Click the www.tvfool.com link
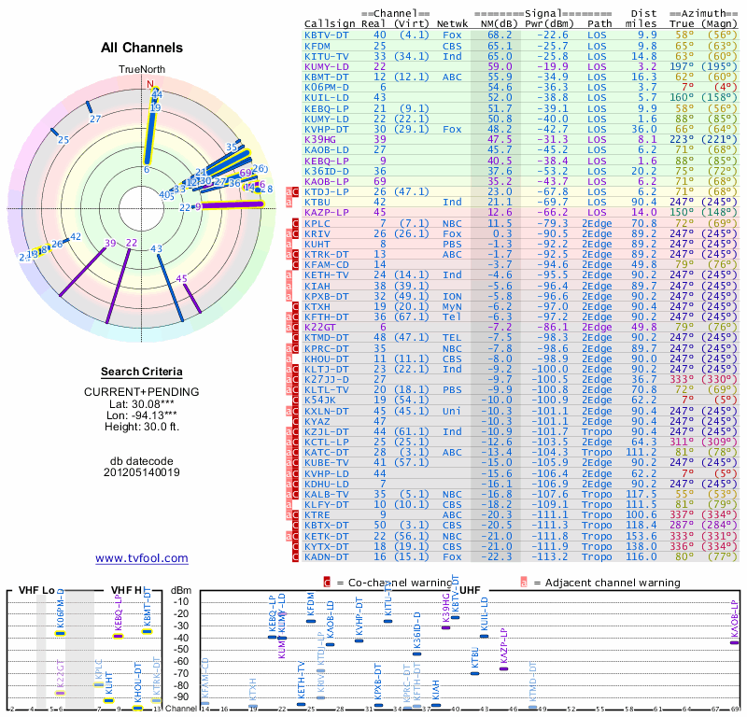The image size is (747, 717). (x=141, y=558)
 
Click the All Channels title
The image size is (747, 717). (x=141, y=48)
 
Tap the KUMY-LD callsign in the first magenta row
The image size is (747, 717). (x=326, y=66)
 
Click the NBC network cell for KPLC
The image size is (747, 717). (x=451, y=223)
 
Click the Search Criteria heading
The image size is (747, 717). (x=141, y=372)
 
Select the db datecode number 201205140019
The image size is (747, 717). (x=141, y=472)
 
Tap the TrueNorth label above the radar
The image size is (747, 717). (x=141, y=70)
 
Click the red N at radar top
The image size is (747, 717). (x=149, y=83)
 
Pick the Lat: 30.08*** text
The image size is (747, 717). (x=141, y=403)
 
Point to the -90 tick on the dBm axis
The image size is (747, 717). (x=179, y=698)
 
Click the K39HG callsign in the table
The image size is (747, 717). (x=322, y=138)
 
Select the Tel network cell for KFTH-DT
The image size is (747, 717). (x=451, y=316)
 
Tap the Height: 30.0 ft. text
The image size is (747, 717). (x=141, y=428)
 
